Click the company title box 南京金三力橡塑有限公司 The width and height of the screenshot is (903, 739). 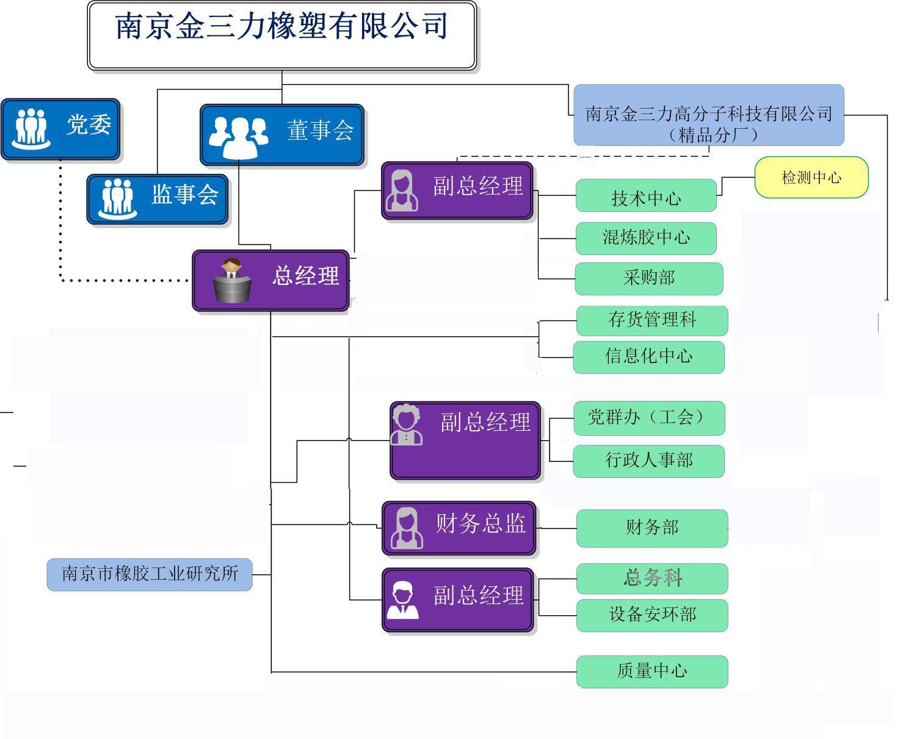click(281, 35)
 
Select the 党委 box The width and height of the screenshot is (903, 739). click(60, 129)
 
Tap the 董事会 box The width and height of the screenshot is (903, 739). click(282, 135)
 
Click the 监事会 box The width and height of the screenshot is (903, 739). click(158, 199)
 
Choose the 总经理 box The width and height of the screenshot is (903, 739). click(271, 280)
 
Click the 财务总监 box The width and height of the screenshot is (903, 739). click(459, 528)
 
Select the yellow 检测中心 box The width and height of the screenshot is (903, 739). click(811, 178)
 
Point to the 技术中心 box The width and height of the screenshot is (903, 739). click(646, 196)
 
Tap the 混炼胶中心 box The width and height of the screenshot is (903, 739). click(646, 238)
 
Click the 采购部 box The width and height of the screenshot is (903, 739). click(649, 279)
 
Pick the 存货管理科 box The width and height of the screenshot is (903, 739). click(652, 320)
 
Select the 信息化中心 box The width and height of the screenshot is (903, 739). click(648, 357)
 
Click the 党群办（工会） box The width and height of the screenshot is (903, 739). click(649, 418)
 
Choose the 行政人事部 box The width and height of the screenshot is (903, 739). click(648, 461)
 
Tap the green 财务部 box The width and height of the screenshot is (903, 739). click(652, 528)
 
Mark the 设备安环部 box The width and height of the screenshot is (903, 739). click(652, 615)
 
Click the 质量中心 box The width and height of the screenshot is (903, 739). click(652, 671)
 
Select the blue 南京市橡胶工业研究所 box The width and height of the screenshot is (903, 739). click(150, 574)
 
